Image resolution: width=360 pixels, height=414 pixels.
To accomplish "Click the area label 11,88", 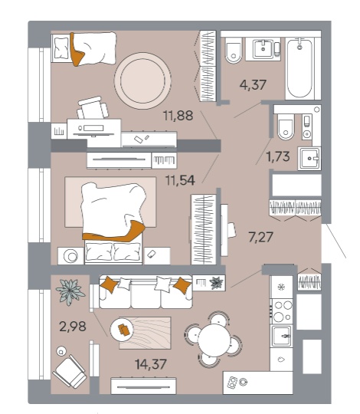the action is (x=178, y=116).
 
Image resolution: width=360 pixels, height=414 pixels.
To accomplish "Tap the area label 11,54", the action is (x=180, y=180).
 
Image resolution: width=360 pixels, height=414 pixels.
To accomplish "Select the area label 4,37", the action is (x=253, y=85).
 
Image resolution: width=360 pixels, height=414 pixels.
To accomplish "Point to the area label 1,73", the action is (x=278, y=156).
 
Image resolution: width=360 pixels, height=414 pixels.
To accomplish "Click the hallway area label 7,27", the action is (x=260, y=237).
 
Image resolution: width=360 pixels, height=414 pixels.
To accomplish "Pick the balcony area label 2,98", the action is (x=73, y=327).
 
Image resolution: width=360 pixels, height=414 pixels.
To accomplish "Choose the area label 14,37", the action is (x=151, y=364).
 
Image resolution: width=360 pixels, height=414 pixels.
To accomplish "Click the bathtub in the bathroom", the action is (x=299, y=68).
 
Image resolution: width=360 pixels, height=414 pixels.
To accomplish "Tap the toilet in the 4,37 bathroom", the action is (x=234, y=51).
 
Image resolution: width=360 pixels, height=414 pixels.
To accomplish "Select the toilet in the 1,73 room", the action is (x=286, y=127).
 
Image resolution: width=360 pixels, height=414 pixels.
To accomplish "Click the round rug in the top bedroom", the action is (x=142, y=80).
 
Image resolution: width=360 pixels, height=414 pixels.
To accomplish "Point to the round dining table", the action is (x=214, y=340).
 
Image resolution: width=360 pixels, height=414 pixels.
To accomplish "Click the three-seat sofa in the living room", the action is (x=146, y=292).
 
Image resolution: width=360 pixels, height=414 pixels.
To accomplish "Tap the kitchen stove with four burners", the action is (x=282, y=311).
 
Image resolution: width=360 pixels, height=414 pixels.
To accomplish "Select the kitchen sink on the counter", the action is (x=282, y=336).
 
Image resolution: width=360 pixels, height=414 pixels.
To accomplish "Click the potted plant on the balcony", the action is (x=70, y=292).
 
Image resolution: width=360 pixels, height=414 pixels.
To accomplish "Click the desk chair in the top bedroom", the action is (x=93, y=108).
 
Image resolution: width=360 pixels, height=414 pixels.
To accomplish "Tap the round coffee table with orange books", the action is (x=122, y=329).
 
